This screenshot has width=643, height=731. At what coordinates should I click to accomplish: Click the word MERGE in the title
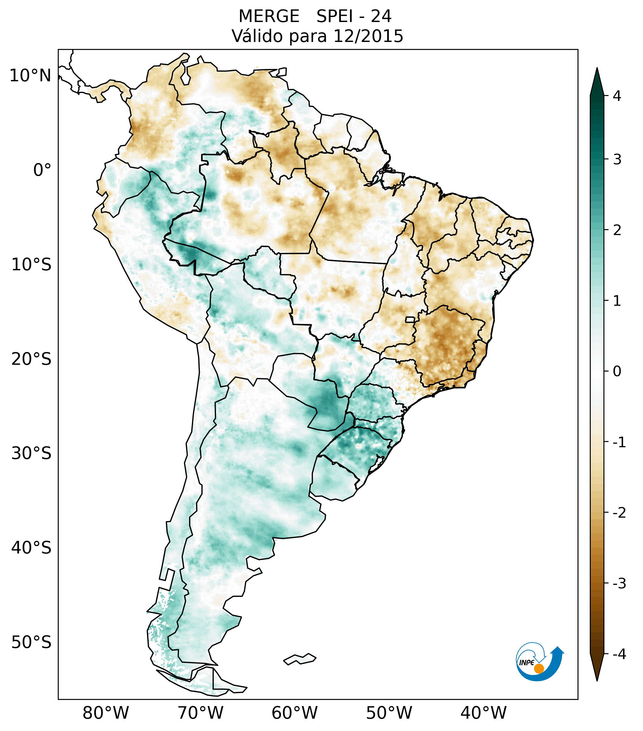pos(269,16)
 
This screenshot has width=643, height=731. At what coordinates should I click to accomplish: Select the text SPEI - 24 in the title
pos(354,16)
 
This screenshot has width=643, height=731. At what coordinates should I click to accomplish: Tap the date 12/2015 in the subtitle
pos(368,36)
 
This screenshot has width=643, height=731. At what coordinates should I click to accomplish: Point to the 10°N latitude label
pos(31,76)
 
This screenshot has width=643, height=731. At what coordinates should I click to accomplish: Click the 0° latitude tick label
pos(42,170)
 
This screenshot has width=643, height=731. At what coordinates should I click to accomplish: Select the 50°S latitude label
pos(31,643)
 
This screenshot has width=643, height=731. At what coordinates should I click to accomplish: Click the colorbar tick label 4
pos(617,96)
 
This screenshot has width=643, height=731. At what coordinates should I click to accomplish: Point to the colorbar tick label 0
pos(617,372)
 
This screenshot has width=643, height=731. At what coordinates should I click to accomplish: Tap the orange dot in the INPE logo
pos(539,668)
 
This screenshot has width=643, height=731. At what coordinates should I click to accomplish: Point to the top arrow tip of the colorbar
pos(597,69)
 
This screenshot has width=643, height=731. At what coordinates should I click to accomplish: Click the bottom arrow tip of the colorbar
pos(597,680)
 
